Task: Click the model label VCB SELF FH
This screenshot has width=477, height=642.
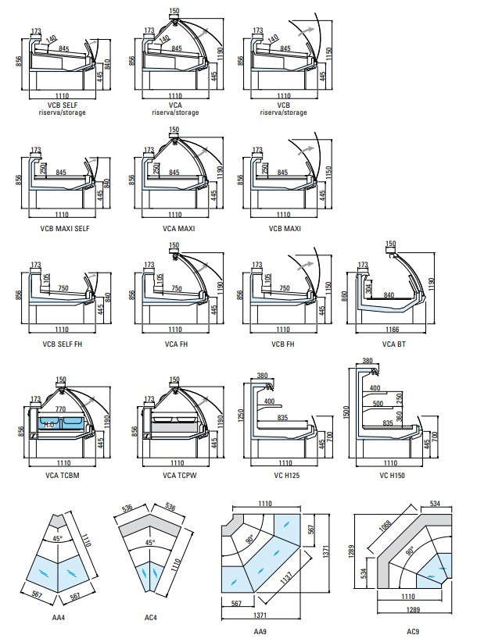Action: (x=61, y=344)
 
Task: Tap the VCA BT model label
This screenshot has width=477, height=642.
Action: (x=393, y=344)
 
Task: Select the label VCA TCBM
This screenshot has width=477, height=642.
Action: (x=61, y=476)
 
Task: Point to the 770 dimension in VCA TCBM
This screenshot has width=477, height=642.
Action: (x=60, y=408)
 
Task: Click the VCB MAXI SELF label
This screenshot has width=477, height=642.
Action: (x=61, y=228)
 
